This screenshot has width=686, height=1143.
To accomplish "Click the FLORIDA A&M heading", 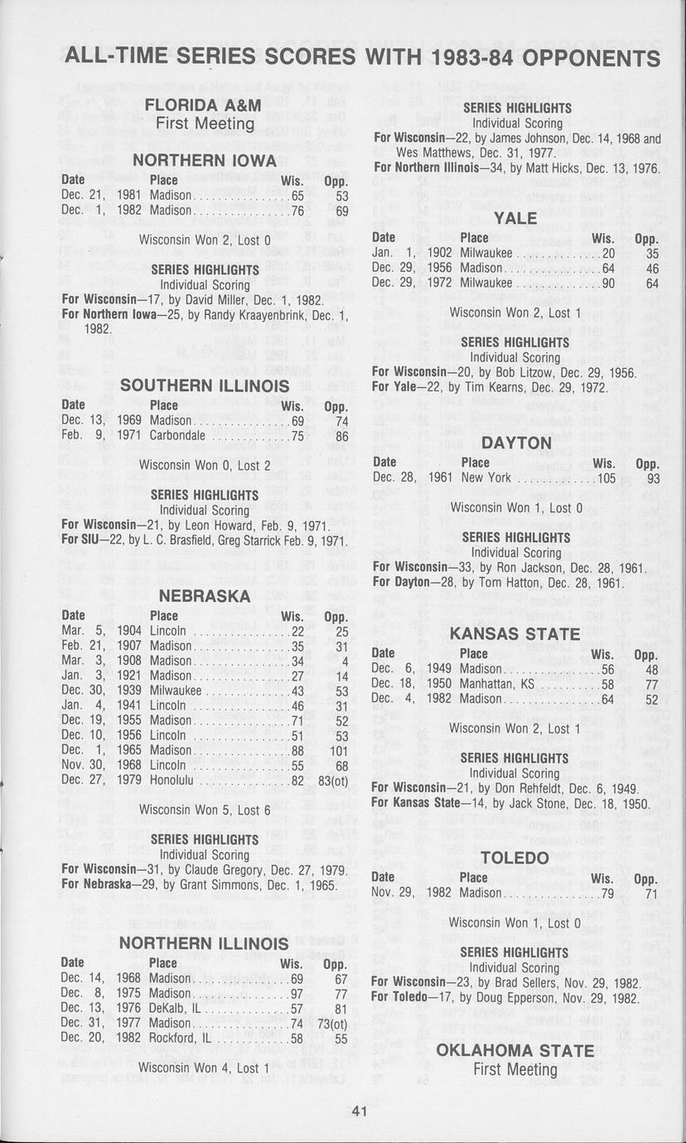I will click(x=203, y=105).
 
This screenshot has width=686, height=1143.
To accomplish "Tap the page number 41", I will click(x=358, y=1112).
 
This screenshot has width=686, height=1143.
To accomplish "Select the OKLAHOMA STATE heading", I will click(x=514, y=1050).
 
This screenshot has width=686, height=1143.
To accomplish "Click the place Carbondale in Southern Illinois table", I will click(x=177, y=436).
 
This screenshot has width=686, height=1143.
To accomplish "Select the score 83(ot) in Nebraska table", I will click(x=332, y=780).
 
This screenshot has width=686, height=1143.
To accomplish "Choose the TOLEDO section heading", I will click(x=514, y=857).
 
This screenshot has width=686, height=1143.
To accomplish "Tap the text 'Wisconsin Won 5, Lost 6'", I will click(x=205, y=810).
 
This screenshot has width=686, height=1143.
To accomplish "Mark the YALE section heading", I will click(x=514, y=219).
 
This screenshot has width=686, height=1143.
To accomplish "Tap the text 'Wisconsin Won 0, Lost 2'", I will click(x=205, y=465).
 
